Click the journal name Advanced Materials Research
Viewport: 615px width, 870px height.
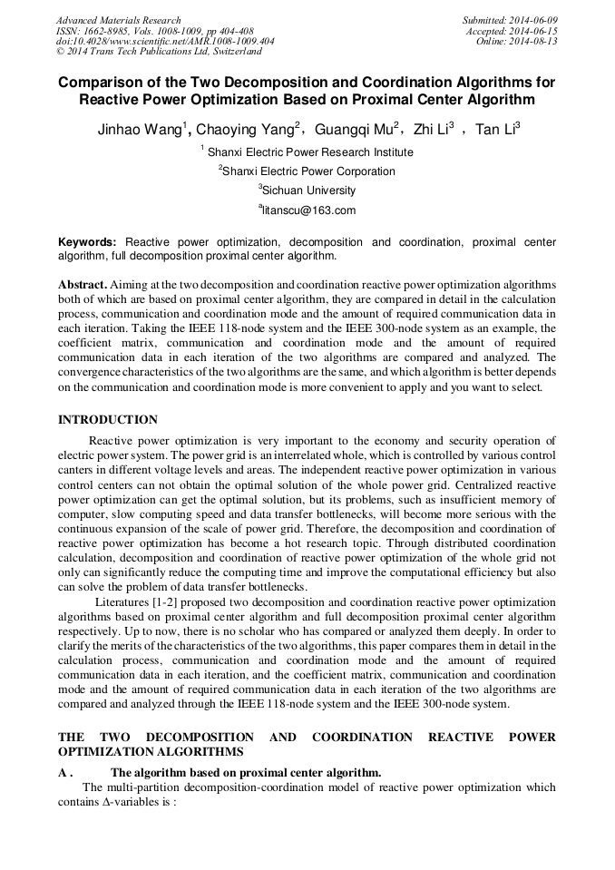pos(118,20)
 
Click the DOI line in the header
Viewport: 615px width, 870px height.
pos(165,42)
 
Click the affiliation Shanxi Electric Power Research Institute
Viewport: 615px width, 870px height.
pos(309,152)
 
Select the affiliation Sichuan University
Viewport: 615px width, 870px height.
pos(307,191)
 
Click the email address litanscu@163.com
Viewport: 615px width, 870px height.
pos(307,210)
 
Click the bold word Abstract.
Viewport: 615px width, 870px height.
pos(83,285)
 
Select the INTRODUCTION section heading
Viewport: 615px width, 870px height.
pos(107,420)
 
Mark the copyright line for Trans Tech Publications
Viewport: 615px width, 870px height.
pos(159,53)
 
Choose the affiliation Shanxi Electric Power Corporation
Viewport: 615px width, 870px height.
pos(307,171)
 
